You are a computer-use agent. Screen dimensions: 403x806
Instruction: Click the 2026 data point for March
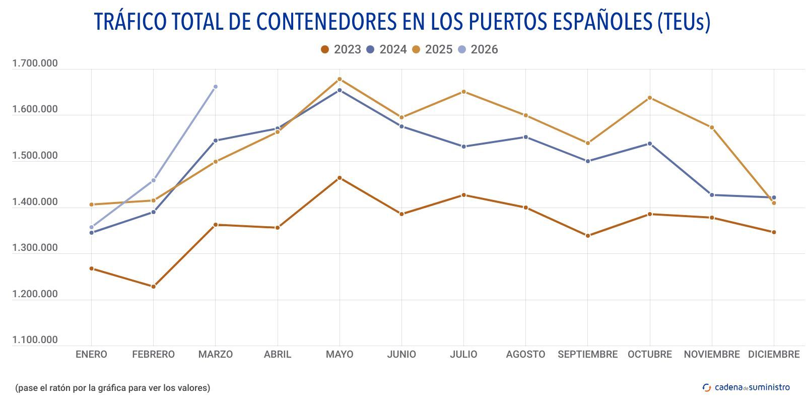tap(216, 87)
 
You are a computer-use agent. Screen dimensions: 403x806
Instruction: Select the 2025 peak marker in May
tap(340, 79)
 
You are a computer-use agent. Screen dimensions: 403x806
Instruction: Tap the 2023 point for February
tap(154, 287)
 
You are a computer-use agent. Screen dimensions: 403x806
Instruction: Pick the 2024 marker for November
tap(712, 195)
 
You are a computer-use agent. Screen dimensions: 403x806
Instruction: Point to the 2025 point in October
tap(650, 98)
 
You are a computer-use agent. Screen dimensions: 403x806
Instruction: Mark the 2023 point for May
tap(340, 178)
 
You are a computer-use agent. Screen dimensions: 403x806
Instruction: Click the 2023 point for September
tap(588, 236)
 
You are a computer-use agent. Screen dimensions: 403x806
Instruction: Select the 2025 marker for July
tap(464, 92)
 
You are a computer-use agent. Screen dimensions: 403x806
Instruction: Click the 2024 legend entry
tap(386, 49)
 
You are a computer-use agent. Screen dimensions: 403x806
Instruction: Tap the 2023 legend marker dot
tap(325, 49)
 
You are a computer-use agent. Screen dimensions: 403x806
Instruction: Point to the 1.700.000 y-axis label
tap(35, 63)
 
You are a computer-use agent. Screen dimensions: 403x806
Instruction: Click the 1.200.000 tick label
tap(35, 294)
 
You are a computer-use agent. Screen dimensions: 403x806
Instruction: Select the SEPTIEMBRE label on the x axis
tap(587, 354)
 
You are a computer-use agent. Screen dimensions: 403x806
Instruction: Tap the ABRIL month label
tap(278, 354)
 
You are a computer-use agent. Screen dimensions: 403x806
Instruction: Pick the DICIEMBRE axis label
tap(774, 354)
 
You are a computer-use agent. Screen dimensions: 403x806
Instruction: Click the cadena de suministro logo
tap(746, 387)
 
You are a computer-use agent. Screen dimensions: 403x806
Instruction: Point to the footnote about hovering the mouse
tap(112, 387)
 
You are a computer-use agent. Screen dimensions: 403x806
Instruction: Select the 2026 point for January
tap(91, 227)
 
